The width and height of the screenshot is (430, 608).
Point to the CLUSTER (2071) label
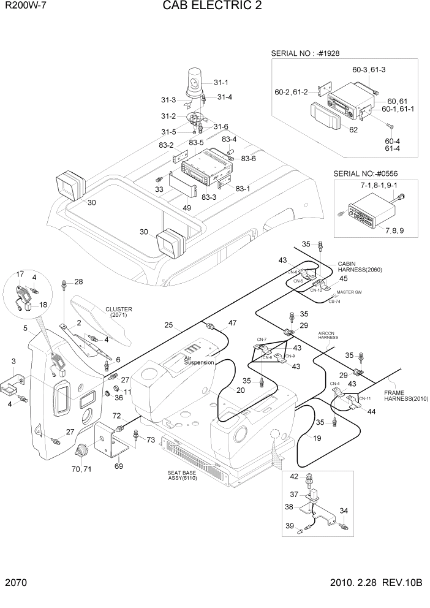(118, 312)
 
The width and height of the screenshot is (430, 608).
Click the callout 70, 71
(81, 470)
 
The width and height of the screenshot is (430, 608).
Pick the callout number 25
(168, 325)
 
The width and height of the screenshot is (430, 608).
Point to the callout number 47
(232, 323)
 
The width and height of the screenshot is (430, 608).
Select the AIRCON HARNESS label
(329, 336)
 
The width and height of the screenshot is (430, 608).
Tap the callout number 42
(293, 476)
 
